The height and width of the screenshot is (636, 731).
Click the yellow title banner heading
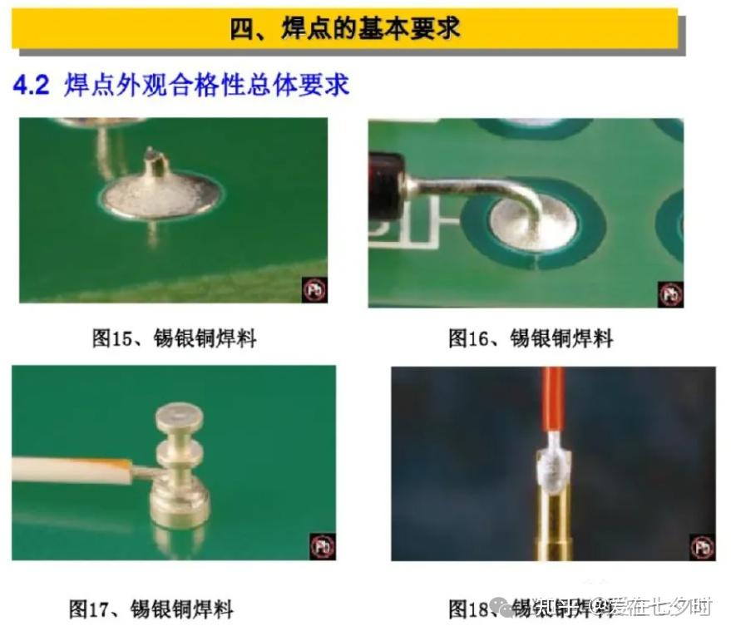344,28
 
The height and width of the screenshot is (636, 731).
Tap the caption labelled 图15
173,338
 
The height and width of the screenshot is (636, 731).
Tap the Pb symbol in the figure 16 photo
670,293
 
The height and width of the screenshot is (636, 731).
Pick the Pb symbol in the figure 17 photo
323,546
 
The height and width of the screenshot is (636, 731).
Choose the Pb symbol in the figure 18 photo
702,547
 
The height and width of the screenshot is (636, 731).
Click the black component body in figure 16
386,183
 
